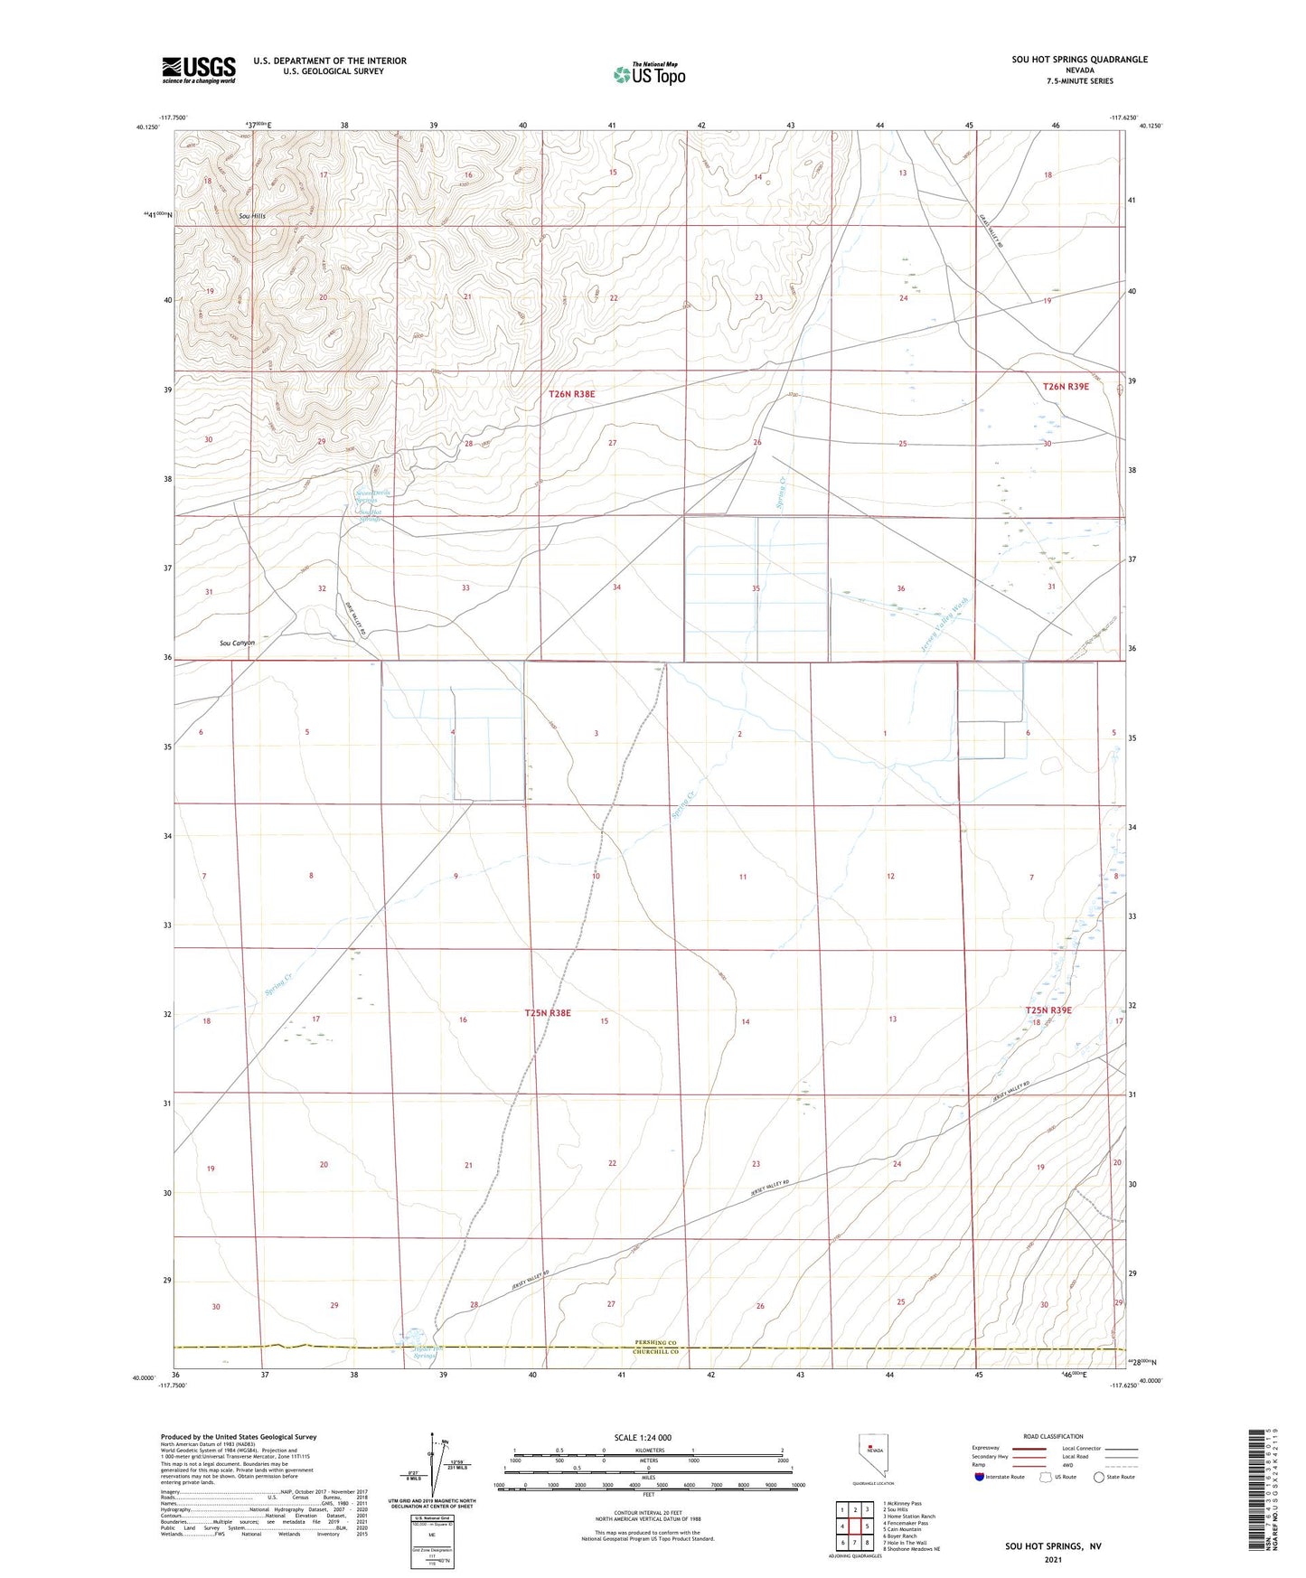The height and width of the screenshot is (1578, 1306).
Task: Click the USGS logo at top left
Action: pos(199,70)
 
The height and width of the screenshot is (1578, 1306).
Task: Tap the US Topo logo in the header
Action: pos(649,74)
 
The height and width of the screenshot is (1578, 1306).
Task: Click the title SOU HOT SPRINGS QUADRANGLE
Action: pos(1079,60)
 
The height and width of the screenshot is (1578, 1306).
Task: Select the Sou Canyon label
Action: pos(237,643)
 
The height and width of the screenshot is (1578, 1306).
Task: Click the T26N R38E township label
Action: pos(571,394)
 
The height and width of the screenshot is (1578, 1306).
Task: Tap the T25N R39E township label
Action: pos(1048,1010)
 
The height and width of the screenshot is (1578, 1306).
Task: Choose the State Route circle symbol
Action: pos(1099,1477)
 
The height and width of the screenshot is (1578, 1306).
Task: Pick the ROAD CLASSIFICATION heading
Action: pos(1053,1436)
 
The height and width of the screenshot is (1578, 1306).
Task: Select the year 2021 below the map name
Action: pos(1052,1560)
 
